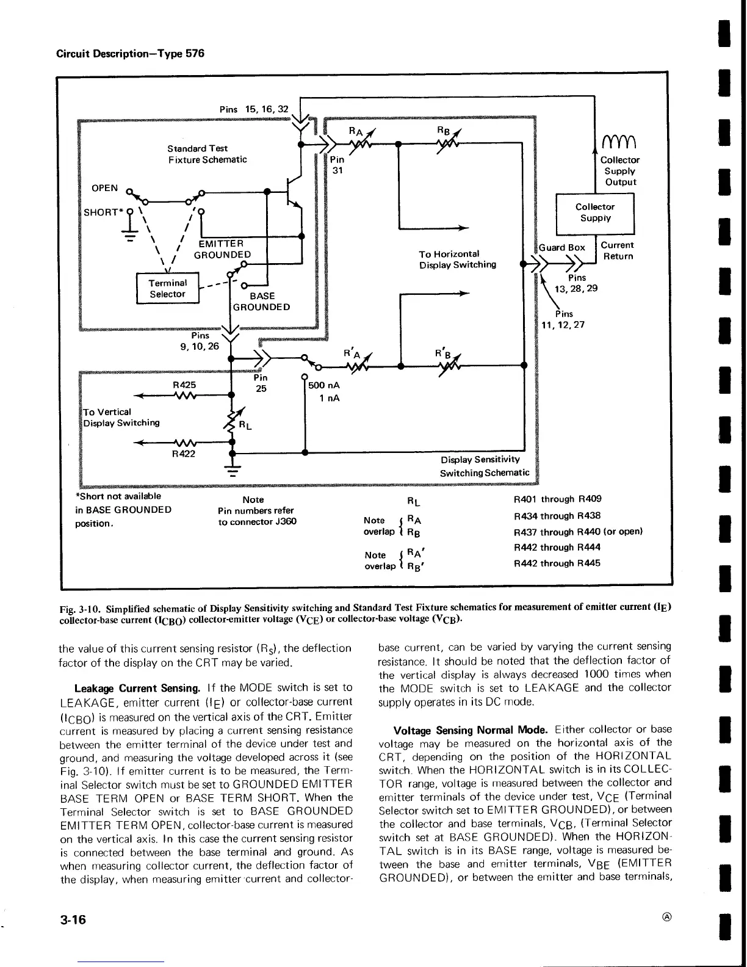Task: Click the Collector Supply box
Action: [595, 212]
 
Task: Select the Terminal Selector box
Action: [168, 289]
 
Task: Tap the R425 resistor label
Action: [184, 385]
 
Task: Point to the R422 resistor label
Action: [183, 454]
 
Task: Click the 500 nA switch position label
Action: [324, 385]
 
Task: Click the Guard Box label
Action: [561, 247]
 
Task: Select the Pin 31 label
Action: [337, 165]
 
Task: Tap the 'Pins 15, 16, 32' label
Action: [253, 109]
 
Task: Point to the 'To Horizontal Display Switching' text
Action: [457, 259]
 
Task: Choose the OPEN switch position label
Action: [104, 188]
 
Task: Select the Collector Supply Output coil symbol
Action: [619, 144]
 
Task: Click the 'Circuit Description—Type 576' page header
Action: [130, 53]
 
